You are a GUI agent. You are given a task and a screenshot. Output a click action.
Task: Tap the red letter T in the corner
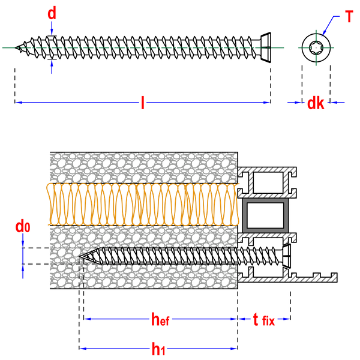(x=349, y=16)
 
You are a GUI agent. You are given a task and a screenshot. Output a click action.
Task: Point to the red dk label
(x=316, y=104)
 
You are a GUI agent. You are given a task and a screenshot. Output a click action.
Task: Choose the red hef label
(x=161, y=320)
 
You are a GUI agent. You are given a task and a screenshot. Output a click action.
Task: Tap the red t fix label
(x=264, y=320)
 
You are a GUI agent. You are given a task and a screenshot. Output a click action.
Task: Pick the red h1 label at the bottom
(x=158, y=349)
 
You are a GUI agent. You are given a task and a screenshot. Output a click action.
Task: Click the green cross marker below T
(x=316, y=48)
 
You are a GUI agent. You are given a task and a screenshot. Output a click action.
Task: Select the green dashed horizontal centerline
(x=144, y=47)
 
